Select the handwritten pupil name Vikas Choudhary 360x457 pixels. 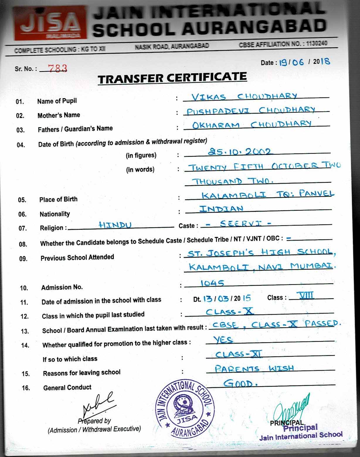(x=244, y=97)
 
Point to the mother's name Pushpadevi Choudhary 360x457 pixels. (x=251, y=111)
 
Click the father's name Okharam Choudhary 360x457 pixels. (x=252, y=124)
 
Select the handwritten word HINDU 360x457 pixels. (x=115, y=225)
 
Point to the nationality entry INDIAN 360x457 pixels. (x=221, y=209)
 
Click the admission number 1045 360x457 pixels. (x=212, y=283)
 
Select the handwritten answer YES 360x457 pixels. (x=223, y=340)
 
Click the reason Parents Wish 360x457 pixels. (x=254, y=368)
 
